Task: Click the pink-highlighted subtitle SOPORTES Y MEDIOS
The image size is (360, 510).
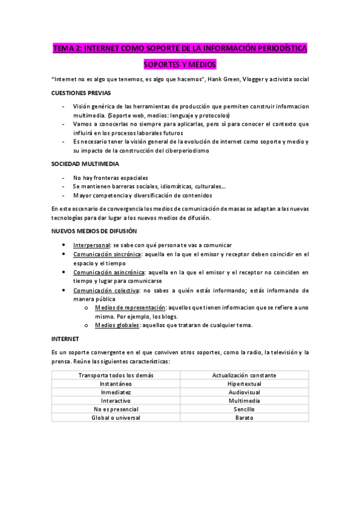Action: coord(180,64)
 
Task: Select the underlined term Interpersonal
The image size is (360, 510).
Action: coord(91,245)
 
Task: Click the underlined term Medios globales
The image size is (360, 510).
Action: coord(116,325)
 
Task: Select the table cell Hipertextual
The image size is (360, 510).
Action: coord(244,383)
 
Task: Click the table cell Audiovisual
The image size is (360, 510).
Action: coord(244,392)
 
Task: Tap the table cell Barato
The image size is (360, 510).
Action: coord(244,417)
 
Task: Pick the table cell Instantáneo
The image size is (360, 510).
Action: coord(116,383)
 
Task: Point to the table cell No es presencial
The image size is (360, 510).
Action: coord(116,409)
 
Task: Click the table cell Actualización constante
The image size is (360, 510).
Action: coord(244,375)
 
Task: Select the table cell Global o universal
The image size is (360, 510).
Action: coord(116,417)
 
